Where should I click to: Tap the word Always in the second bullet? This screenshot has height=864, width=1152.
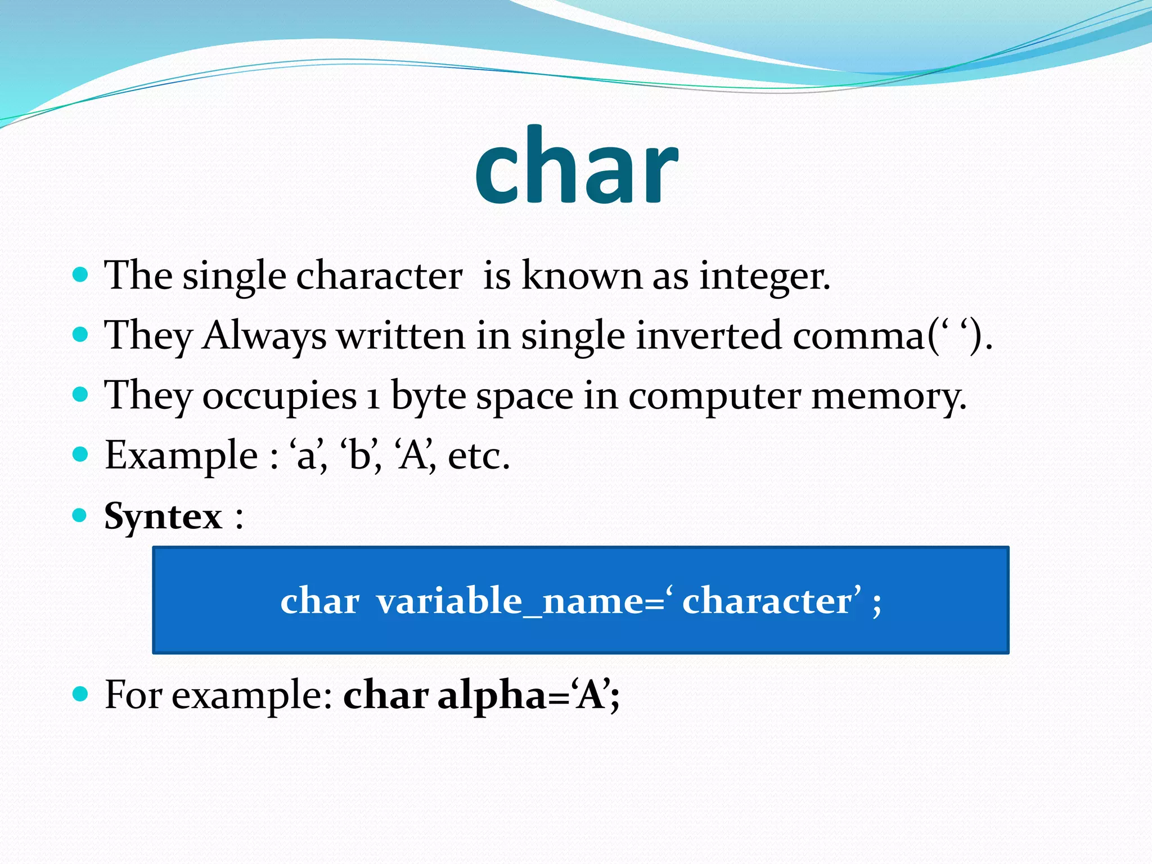[264, 336]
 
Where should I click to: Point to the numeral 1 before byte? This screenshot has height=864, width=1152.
[373, 397]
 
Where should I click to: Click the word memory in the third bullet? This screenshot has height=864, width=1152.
[889, 397]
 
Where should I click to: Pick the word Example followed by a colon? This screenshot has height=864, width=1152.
[181, 456]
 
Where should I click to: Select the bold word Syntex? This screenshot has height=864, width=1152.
[163, 516]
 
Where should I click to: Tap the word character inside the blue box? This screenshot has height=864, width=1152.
[767, 601]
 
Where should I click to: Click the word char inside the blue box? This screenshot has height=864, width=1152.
[319, 601]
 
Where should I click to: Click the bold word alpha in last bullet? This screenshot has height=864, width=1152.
[492, 696]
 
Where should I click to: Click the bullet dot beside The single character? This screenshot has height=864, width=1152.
[81, 274]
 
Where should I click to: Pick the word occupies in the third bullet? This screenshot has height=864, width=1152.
[280, 397]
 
